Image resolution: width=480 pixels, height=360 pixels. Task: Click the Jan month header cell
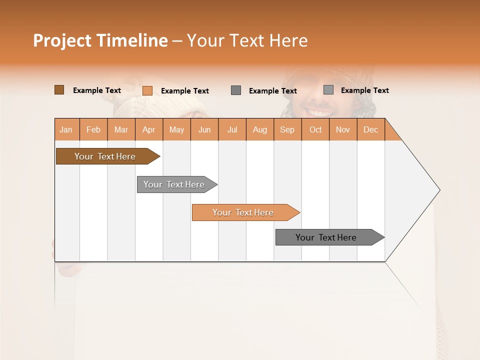coord(66,129)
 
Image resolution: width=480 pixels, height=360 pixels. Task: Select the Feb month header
coord(93,129)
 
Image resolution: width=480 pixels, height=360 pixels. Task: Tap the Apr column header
coord(149,129)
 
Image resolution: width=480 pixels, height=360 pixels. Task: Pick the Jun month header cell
coord(204,129)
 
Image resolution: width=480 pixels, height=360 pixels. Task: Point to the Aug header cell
coord(260,129)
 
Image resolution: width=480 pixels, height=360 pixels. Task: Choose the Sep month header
coord(287,129)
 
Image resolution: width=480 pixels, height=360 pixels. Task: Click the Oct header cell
coord(315,129)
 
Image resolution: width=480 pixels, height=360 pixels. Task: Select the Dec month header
coord(371,129)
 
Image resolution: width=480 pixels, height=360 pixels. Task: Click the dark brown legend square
coord(59,90)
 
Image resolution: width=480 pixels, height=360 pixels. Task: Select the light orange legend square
coord(147,90)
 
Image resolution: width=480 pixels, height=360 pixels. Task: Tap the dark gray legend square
coord(236,90)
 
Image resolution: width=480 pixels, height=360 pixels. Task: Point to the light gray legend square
coord(328,90)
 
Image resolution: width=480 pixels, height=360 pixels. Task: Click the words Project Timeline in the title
coord(100,40)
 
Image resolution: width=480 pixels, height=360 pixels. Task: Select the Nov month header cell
coord(343,129)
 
